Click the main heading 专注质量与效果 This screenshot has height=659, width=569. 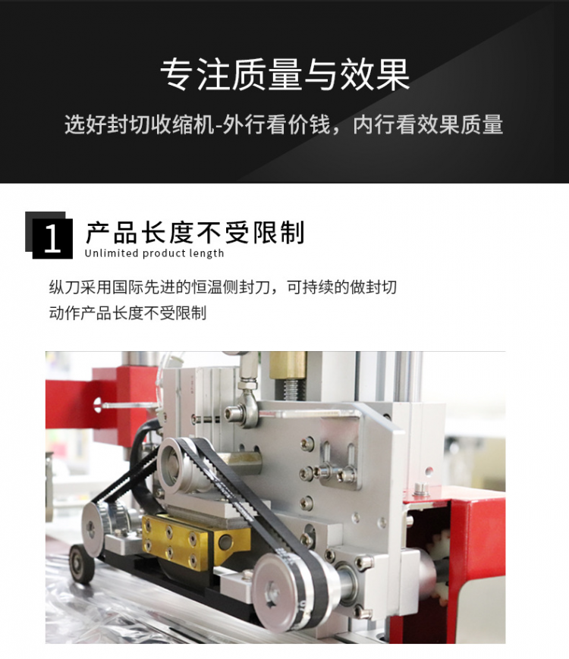tap(284, 75)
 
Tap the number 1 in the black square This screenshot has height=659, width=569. tap(52, 238)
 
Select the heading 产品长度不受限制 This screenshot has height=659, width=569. tap(195, 232)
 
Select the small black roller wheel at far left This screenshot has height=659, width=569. tap(82, 564)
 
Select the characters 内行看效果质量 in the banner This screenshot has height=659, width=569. tap(428, 125)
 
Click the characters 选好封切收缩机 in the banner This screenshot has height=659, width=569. tap(140, 125)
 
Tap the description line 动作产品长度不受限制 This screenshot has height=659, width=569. tap(128, 313)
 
